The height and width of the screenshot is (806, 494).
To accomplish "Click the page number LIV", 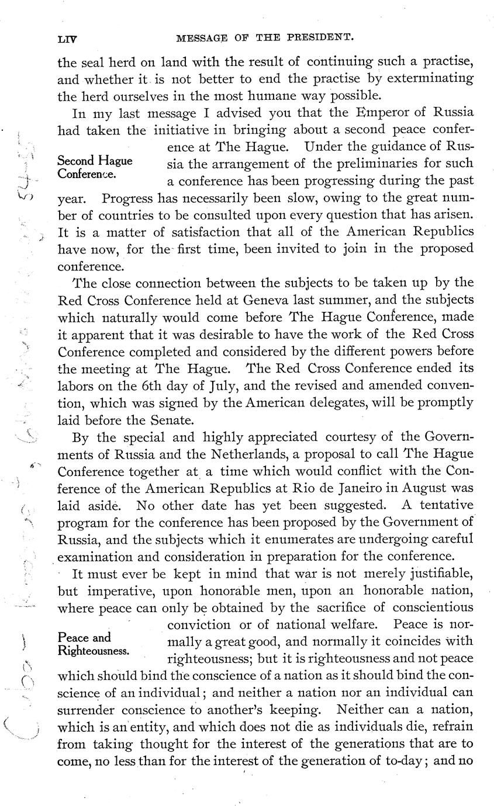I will pos(68,40).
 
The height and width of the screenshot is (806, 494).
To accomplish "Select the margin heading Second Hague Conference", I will pos(95,167).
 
